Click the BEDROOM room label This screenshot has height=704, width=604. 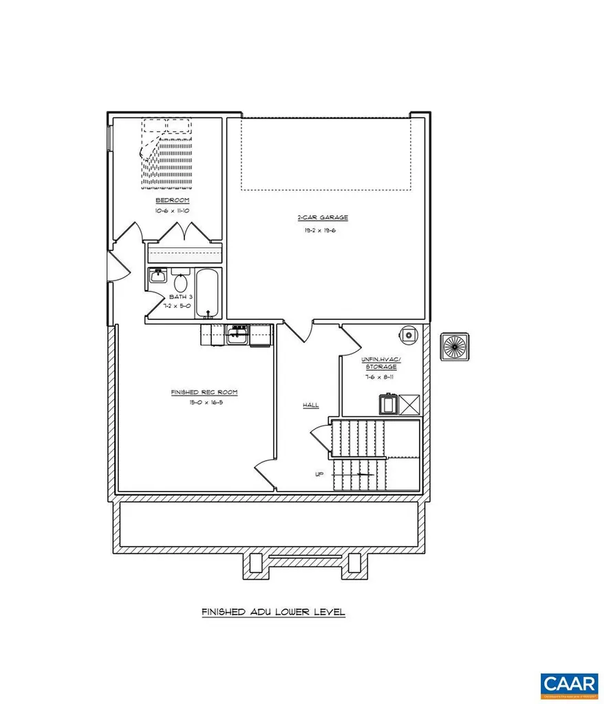click(x=167, y=199)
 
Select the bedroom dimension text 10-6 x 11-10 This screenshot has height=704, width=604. click(x=167, y=211)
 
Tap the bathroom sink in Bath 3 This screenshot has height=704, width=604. click(x=156, y=277)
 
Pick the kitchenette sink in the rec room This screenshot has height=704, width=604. click(x=238, y=335)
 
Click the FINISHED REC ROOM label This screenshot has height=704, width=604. click(x=195, y=392)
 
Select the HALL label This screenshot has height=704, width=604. click(x=311, y=406)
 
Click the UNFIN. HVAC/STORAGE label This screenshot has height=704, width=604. click(x=380, y=363)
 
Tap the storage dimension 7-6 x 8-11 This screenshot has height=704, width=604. click(x=380, y=376)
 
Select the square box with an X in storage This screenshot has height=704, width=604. click(x=409, y=405)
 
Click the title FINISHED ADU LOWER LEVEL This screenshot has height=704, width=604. click(x=273, y=611)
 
